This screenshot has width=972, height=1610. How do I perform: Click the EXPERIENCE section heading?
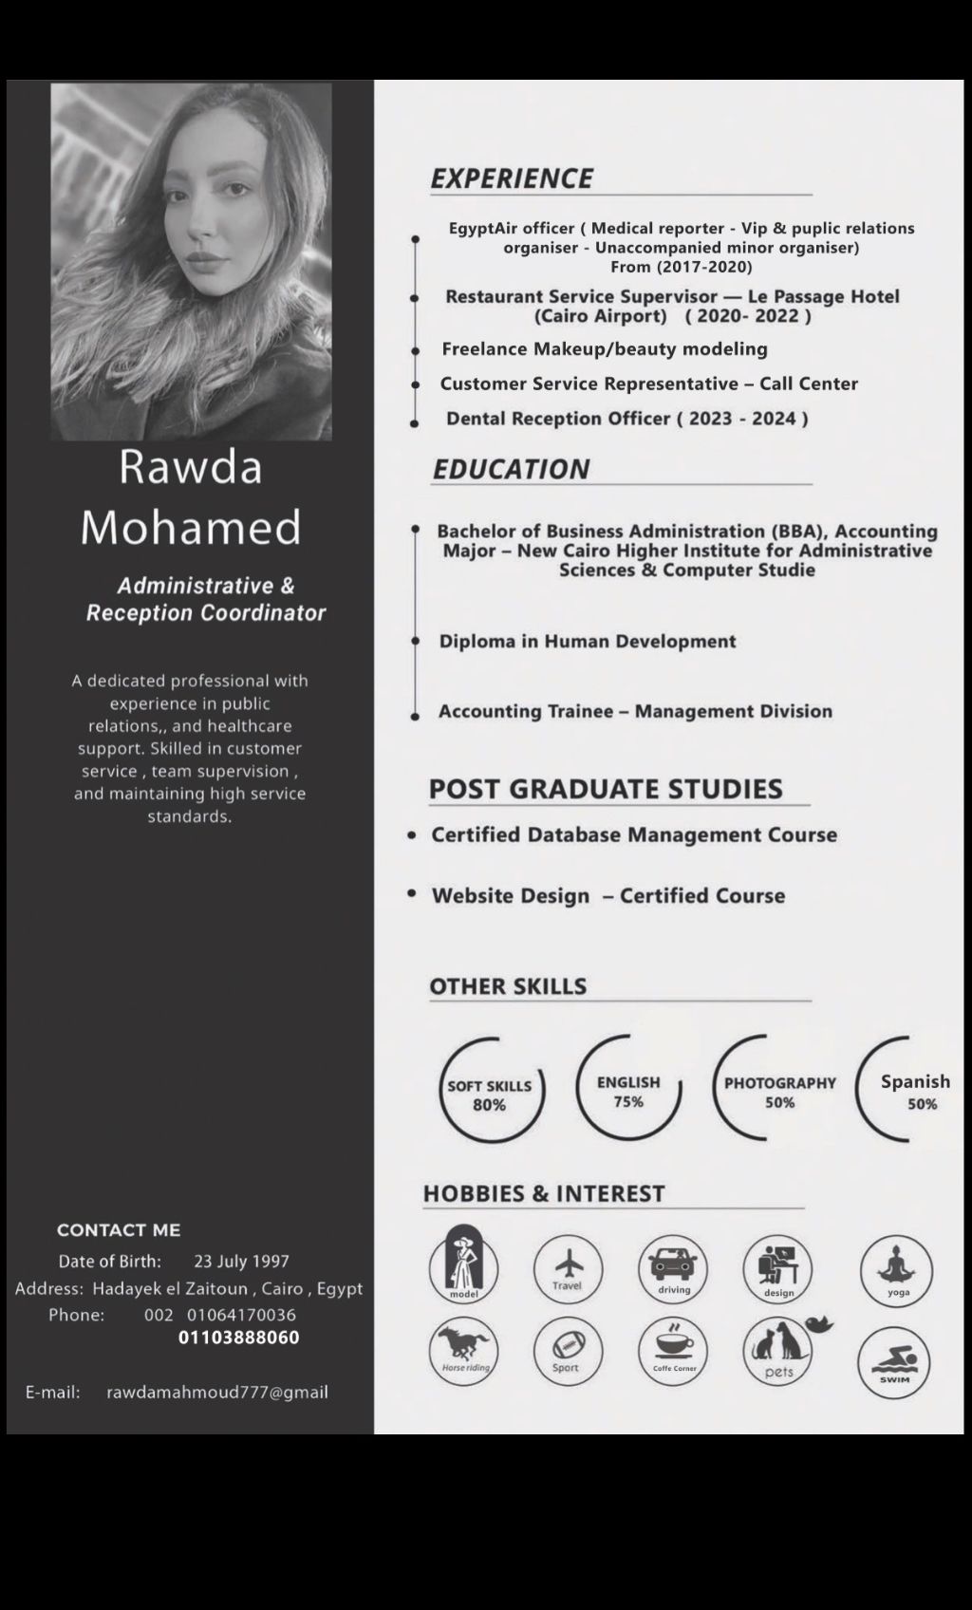512,178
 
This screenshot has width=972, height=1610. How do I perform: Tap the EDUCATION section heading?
511,469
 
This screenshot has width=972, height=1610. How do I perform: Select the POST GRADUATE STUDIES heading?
606,789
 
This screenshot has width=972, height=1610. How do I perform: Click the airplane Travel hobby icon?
568,1269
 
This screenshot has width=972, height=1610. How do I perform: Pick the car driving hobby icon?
673,1269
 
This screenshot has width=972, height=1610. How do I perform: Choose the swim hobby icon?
893,1362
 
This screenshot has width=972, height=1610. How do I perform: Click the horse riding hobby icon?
464,1351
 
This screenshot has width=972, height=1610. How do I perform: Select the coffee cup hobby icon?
673,1350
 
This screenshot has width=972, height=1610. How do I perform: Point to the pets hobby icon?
778,1350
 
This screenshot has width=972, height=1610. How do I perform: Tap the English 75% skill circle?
628,1090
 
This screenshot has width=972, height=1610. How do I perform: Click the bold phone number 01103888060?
239,1338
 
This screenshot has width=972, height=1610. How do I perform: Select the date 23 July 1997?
241,1262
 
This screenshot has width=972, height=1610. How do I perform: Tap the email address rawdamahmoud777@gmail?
217,1393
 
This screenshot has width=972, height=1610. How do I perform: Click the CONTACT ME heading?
119,1230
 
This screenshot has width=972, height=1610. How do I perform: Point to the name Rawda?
191,467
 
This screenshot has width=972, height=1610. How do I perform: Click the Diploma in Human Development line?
588,642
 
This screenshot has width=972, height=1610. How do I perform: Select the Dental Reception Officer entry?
626,419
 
